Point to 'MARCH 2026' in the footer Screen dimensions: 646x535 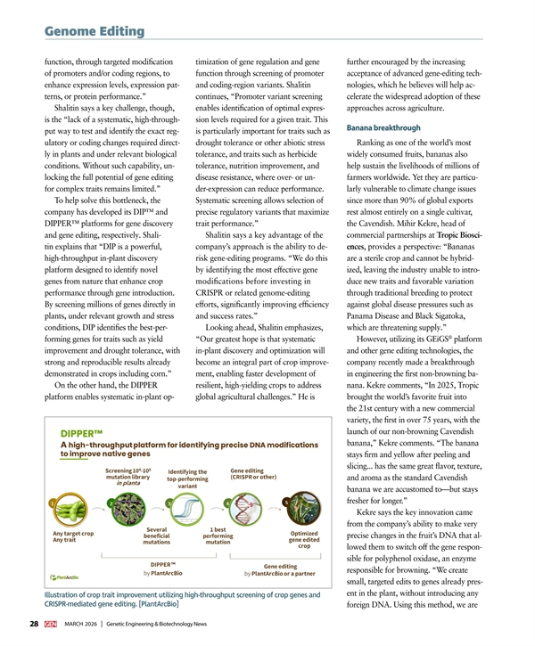tap(83, 624)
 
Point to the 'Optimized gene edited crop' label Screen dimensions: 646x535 tap(304, 540)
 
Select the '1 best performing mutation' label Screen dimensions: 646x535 tap(218, 536)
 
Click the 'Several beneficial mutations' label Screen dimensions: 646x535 tap(156, 536)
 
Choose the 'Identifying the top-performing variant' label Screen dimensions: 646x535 tap(187, 479)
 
